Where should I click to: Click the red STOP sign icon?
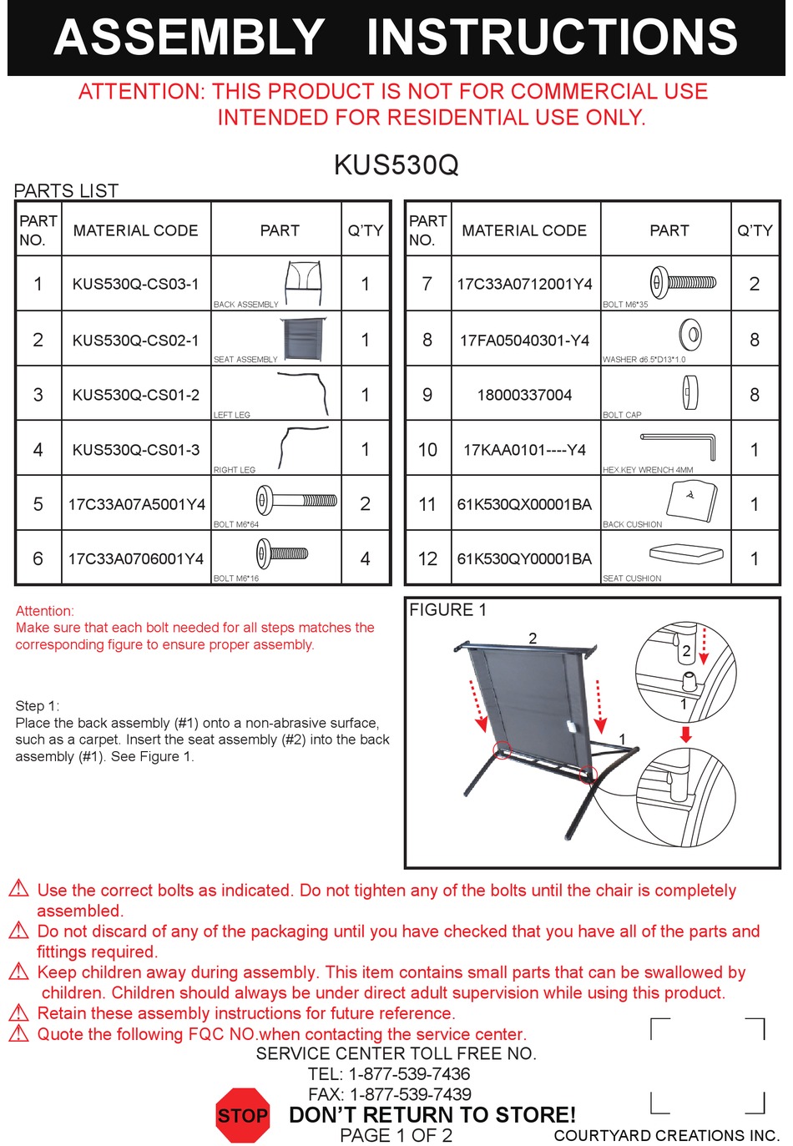click(x=242, y=1115)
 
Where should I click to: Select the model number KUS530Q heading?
click(x=396, y=164)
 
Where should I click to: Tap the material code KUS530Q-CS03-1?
click(x=135, y=284)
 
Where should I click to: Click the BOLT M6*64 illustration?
click(x=296, y=501)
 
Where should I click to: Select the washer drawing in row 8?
click(x=690, y=335)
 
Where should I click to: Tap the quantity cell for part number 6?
click(x=365, y=558)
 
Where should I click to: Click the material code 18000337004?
click(x=524, y=395)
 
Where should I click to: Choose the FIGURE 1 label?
click(x=447, y=610)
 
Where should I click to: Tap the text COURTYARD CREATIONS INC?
click(x=665, y=1135)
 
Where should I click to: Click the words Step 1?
click(x=38, y=705)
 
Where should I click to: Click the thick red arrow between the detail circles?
click(x=685, y=734)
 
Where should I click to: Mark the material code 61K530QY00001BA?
click(x=524, y=558)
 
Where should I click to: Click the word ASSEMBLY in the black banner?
click(x=189, y=38)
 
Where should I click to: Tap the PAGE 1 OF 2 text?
click(x=396, y=1135)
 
